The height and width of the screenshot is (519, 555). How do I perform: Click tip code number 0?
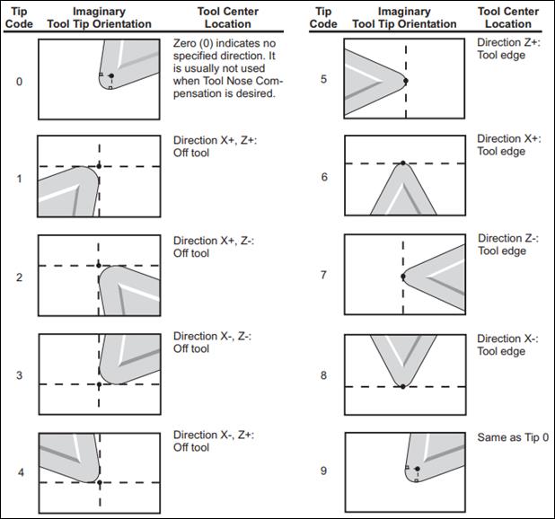point(20,82)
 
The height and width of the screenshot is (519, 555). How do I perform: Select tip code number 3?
point(20,375)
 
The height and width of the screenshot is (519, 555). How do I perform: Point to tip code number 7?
point(324,276)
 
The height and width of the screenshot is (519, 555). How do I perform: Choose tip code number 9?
point(324,471)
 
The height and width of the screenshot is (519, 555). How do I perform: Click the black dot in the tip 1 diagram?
point(99,167)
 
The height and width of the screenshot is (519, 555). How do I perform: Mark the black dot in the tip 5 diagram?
point(406,81)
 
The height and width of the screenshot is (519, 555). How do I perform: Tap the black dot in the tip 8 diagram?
point(402,386)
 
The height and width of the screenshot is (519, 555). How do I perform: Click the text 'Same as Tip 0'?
point(513,437)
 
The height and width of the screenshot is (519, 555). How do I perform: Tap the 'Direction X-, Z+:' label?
point(213,435)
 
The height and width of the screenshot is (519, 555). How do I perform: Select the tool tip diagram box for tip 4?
point(99,471)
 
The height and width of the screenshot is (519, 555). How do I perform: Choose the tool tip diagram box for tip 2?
point(99,275)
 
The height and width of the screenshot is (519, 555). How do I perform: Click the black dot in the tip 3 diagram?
point(99,384)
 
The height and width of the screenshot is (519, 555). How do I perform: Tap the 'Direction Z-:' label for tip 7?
point(508,239)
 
